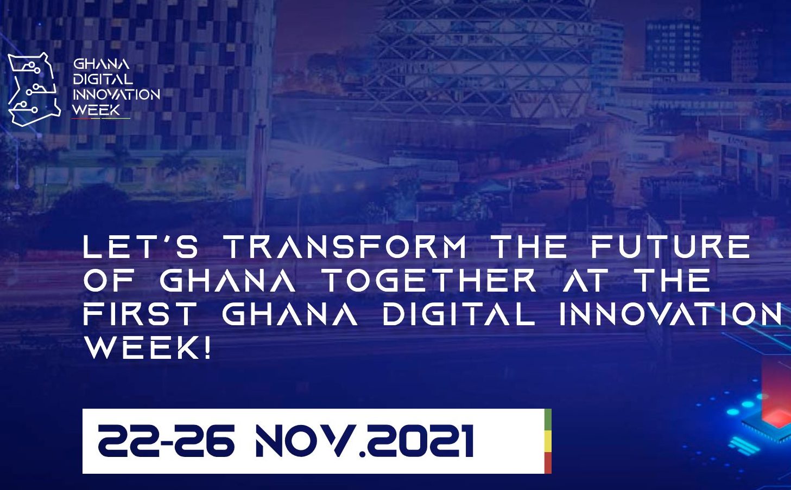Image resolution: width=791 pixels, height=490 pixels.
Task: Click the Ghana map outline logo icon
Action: pos(34,89)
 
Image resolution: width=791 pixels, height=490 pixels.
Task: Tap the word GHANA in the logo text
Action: pos(102,64)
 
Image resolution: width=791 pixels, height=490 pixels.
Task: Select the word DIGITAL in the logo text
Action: pos(103,79)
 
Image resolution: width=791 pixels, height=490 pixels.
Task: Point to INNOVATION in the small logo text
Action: pos(116,94)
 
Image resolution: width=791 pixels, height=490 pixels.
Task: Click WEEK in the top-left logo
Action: pos(97,109)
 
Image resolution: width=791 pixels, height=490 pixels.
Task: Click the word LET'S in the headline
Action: pos(141,247)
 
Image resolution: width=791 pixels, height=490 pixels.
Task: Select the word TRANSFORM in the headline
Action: pos(346,247)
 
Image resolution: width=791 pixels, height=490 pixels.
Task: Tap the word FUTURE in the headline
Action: pos(670,247)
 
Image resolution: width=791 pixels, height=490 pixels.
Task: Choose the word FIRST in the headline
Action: pos(139,314)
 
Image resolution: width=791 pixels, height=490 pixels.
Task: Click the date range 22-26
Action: pos(166,441)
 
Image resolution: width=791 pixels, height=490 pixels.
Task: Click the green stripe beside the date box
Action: pos(548,420)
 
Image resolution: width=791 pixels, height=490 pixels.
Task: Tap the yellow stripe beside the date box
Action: pos(548,441)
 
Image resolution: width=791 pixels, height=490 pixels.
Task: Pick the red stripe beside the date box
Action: pos(548,463)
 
